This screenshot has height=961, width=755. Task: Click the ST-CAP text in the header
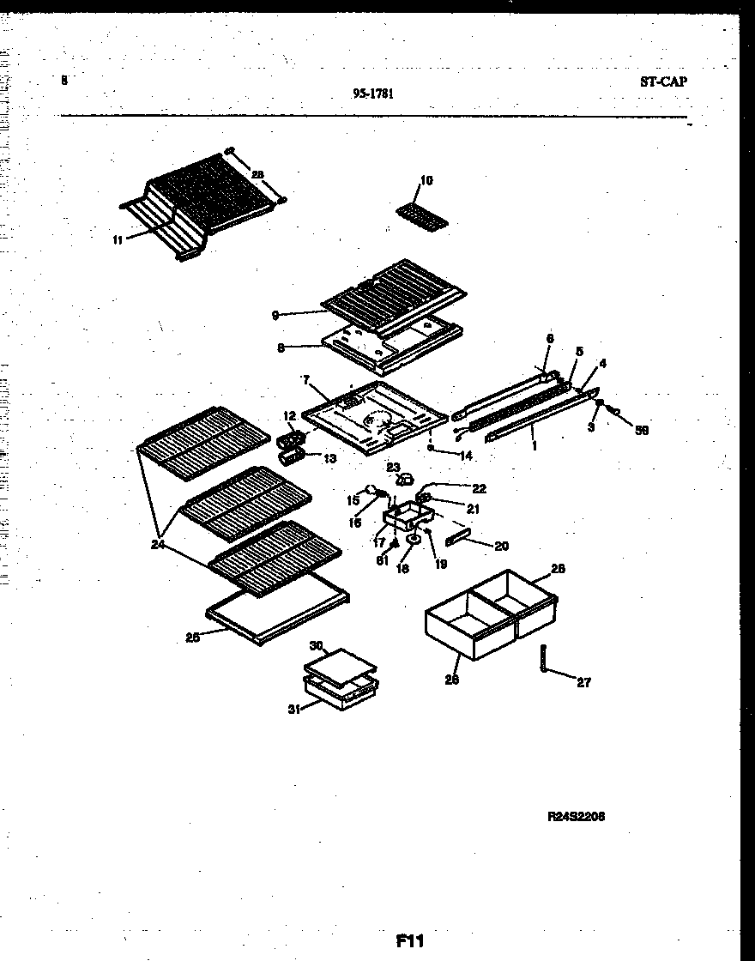click(664, 82)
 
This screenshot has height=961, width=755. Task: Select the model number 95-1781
click(373, 95)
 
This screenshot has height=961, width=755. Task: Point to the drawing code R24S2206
click(576, 817)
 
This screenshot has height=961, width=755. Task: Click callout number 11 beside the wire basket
click(118, 239)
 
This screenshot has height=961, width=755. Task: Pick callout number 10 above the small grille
click(426, 181)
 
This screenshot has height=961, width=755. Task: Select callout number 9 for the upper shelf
click(275, 316)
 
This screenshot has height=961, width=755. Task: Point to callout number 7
click(305, 378)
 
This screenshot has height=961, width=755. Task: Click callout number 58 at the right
click(641, 430)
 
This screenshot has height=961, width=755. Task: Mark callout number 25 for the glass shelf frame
click(192, 637)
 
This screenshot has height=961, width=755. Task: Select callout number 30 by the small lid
click(315, 645)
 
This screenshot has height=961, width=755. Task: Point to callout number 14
click(466, 456)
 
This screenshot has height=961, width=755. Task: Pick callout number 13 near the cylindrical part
click(329, 457)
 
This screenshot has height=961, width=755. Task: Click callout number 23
click(393, 468)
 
